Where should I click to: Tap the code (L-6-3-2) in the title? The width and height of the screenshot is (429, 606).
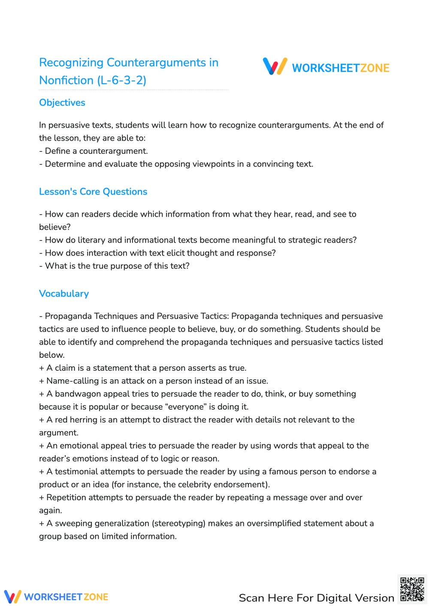(122, 80)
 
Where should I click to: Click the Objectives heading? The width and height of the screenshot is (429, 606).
(62, 102)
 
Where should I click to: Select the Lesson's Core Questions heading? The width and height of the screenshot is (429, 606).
(93, 192)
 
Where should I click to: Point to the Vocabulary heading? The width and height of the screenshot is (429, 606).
(64, 294)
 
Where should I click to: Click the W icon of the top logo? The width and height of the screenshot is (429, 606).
(275, 67)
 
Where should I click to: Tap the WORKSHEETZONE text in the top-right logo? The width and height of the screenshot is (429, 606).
(341, 68)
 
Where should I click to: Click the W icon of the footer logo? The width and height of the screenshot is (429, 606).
(12, 597)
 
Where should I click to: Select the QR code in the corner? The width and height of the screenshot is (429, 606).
(412, 589)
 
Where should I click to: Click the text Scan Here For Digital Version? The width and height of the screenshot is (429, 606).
(316, 598)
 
